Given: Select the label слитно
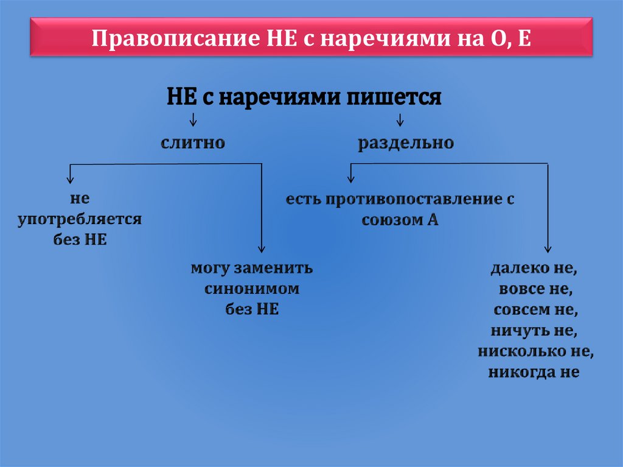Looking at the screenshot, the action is [193, 143].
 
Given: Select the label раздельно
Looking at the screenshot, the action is [405, 143].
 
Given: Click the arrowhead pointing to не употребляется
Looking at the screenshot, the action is [71, 178].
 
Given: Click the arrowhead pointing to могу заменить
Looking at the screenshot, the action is [261, 248].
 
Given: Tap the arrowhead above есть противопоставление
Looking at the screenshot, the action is [350, 178].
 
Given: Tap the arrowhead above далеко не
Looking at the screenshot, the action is [548, 248].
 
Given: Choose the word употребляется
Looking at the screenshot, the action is [80, 219].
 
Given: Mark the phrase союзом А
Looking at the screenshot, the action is [400, 220].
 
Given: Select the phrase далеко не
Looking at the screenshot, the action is [534, 268].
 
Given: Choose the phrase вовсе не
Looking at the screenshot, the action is [534, 289].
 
